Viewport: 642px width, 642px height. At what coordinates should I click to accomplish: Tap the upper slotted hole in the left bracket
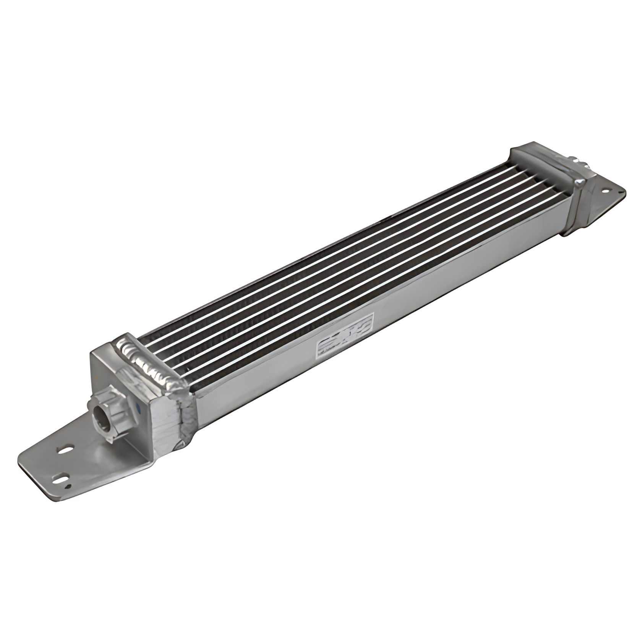(x=65, y=449)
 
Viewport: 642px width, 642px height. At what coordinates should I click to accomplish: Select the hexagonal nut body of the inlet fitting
(x=115, y=415)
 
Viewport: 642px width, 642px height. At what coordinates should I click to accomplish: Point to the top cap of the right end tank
(x=543, y=157)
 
